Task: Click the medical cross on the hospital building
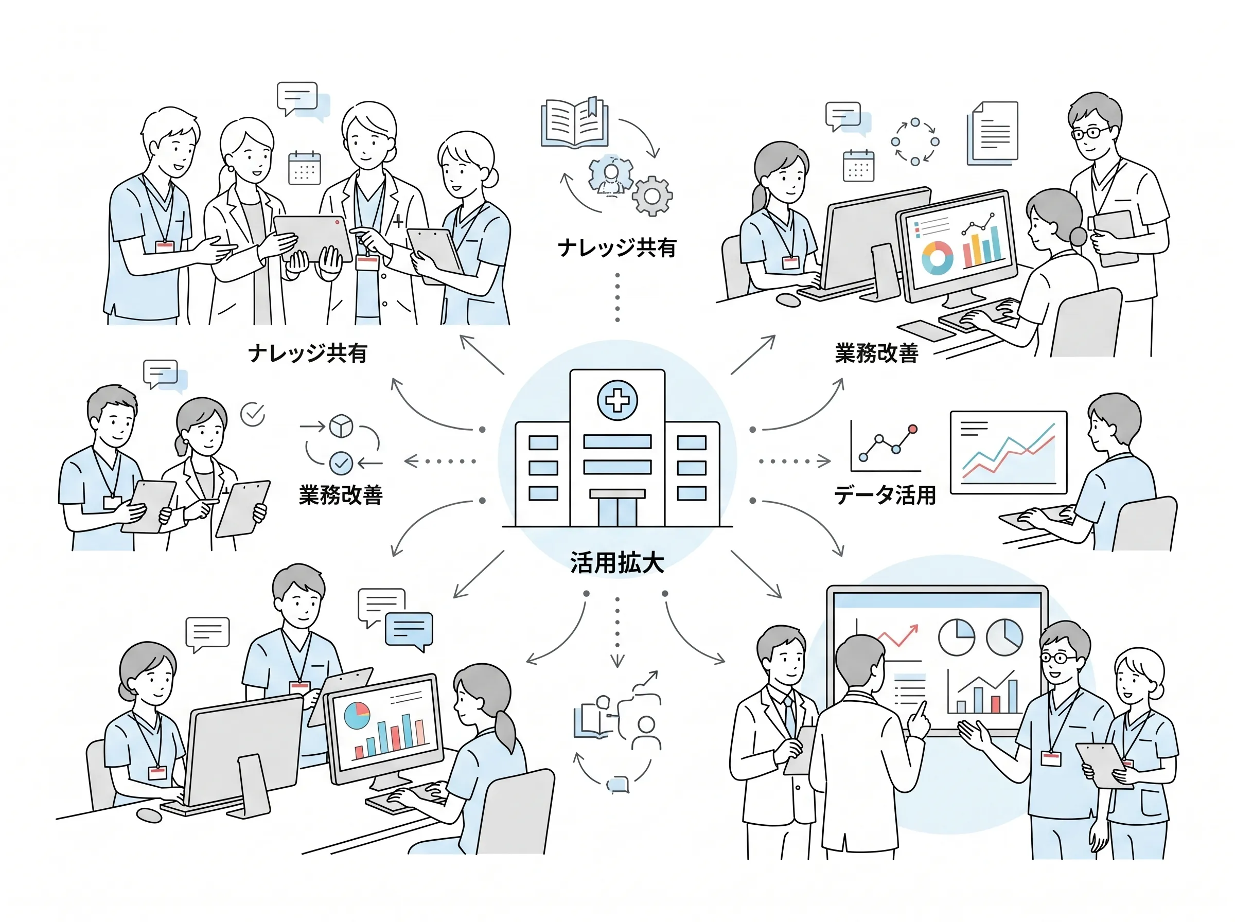616,400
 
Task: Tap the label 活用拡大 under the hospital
616,562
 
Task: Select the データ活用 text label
885,495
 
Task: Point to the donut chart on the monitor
937,257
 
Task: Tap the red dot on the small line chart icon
912,429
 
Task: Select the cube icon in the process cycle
341,426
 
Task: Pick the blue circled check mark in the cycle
341,463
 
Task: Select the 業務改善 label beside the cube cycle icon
341,495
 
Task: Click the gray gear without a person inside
652,196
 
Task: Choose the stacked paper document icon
992,133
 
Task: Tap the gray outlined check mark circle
252,414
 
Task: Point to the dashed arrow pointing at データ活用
795,461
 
